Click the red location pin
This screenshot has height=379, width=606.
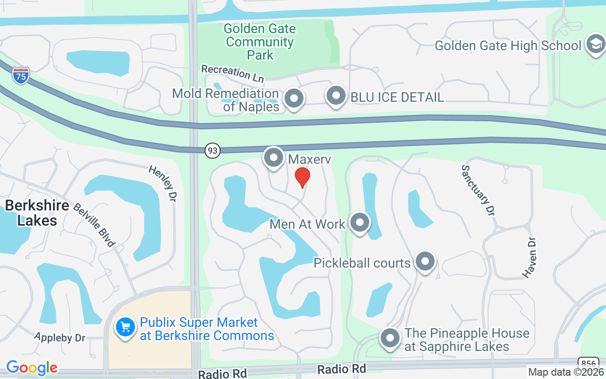point(303,177)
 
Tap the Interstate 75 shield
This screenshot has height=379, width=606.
point(21,76)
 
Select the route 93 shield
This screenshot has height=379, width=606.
point(213,151)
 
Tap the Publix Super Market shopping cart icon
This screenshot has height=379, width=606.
point(125,327)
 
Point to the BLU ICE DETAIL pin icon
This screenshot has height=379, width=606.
point(336,96)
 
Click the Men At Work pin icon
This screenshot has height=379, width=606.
point(359,223)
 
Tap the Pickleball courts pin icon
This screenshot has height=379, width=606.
point(425,262)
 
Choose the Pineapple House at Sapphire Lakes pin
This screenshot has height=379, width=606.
point(390,338)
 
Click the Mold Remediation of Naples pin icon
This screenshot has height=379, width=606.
point(294,99)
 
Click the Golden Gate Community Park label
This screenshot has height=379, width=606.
point(260,42)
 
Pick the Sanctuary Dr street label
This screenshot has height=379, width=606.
point(476,190)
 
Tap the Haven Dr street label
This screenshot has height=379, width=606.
point(529,257)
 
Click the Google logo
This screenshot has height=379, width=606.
point(32,368)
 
